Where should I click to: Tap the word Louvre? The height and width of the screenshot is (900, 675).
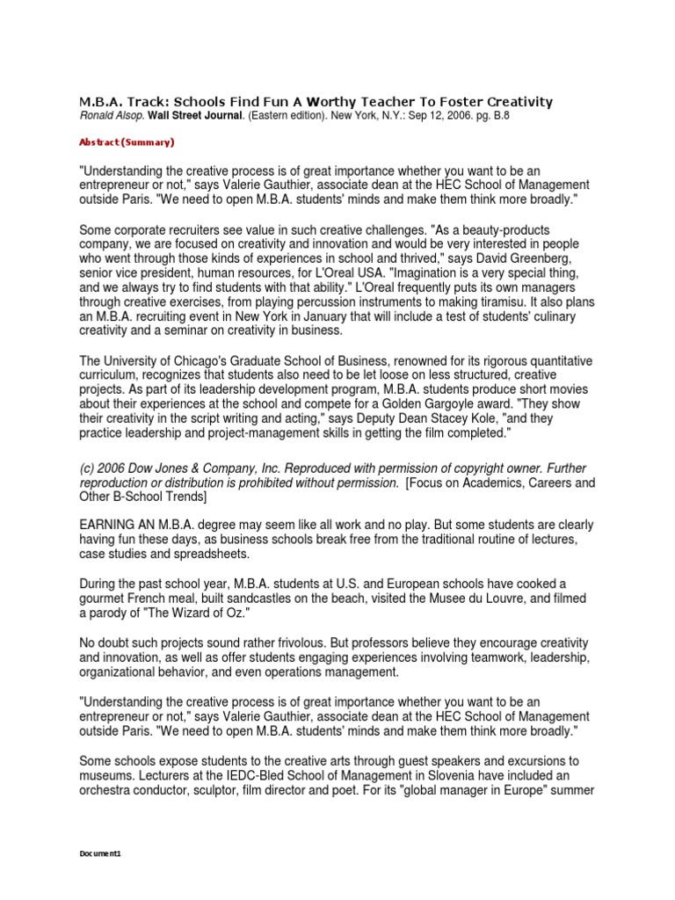point(506,598)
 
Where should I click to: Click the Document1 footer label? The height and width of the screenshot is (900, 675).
point(98,853)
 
